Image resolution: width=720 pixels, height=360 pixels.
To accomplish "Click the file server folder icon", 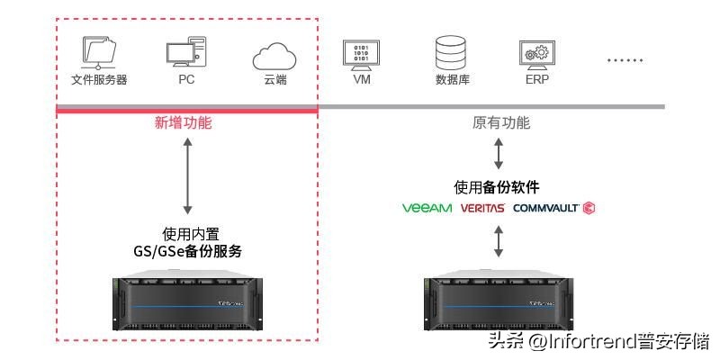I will click(98, 52).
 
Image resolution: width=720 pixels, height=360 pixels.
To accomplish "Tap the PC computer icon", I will click(186, 51).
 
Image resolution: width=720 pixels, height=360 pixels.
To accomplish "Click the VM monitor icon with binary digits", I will click(362, 53).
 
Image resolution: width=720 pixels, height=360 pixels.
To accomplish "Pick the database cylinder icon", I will click(450, 52).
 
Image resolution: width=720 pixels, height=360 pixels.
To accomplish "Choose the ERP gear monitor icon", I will click(537, 53).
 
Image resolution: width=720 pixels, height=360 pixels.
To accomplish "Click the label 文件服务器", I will click(99, 79).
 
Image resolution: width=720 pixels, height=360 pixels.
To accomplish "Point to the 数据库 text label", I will click(452, 79).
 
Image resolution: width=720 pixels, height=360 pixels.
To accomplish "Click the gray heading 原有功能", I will click(501, 123).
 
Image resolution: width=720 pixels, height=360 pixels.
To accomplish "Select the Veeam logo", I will click(427, 208).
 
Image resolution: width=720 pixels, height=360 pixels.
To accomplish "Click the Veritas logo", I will click(482, 208).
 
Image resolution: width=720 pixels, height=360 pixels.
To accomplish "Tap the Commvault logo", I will click(553, 208).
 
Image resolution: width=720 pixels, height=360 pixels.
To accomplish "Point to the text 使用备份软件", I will click(497, 187).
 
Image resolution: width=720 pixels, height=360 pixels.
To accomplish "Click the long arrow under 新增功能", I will click(187, 175).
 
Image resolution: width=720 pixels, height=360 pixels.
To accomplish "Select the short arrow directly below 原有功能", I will click(499, 153).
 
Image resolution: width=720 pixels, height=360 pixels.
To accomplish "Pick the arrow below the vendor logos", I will click(499, 241).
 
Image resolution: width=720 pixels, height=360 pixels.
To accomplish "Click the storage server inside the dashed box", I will click(186, 301).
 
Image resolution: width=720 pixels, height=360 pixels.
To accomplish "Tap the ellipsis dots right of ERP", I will click(624, 60).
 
